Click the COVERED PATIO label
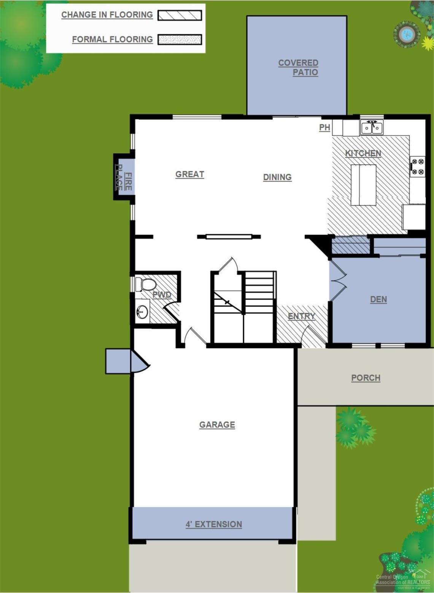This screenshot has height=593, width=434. (298, 68)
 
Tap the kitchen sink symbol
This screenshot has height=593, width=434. (372, 127)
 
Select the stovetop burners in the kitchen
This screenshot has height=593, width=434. (417, 166)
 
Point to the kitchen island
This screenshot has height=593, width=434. (363, 185)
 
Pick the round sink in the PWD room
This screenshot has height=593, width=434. (142, 312)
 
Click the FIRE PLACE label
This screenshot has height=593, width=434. (124, 177)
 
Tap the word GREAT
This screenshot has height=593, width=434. (190, 174)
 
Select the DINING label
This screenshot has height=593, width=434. (277, 177)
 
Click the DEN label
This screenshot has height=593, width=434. (378, 300)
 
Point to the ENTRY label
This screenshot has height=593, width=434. (301, 316)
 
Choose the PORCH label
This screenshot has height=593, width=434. (366, 378)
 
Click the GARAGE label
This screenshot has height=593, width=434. (217, 425)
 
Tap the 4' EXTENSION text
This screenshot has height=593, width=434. (214, 524)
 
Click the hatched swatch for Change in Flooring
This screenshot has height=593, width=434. (180, 15)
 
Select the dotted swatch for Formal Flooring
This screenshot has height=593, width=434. (180, 40)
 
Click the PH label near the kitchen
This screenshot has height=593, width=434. (324, 128)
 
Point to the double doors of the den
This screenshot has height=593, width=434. (337, 282)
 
